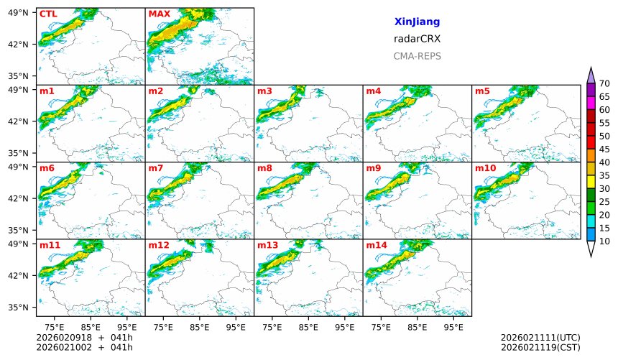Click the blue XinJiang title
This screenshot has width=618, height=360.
click(417, 22)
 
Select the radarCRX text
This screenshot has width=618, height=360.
click(417, 39)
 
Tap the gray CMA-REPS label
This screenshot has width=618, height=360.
click(417, 56)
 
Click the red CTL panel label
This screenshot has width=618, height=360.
click(48, 14)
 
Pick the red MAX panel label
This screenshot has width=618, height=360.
click(159, 14)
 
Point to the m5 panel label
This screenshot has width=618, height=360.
click(482, 91)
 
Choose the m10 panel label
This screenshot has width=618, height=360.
click(485, 168)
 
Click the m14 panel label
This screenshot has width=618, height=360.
click(377, 245)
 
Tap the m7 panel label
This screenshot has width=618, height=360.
click(156, 168)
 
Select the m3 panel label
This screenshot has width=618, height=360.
click(264, 91)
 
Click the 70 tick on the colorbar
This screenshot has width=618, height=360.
click(604, 84)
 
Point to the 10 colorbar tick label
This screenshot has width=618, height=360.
click(604, 241)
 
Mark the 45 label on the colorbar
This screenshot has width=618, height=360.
click(604, 149)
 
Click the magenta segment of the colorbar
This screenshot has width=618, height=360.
click(591, 103)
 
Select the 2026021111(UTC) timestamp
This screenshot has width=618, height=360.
click(540, 337)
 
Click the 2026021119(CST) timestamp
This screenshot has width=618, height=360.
click(540, 347)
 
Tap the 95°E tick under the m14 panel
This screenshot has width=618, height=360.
click(453, 327)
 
